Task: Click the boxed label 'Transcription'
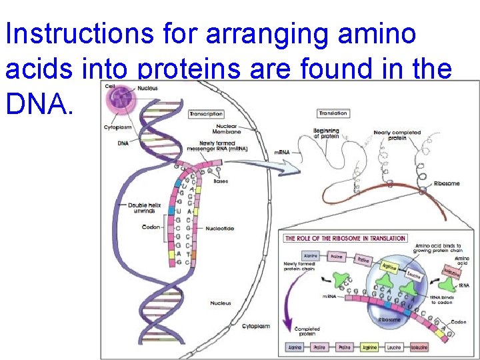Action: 206,114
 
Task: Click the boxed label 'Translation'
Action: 333,114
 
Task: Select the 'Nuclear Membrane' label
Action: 228,129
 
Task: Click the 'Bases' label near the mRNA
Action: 221,181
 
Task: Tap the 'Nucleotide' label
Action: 219,229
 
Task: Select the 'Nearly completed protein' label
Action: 397,135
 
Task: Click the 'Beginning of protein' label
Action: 327,133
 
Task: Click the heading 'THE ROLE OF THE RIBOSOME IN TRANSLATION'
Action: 345,238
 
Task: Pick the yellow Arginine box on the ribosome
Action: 389,267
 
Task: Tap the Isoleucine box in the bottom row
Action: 419,347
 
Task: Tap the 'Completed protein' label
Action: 307,332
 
